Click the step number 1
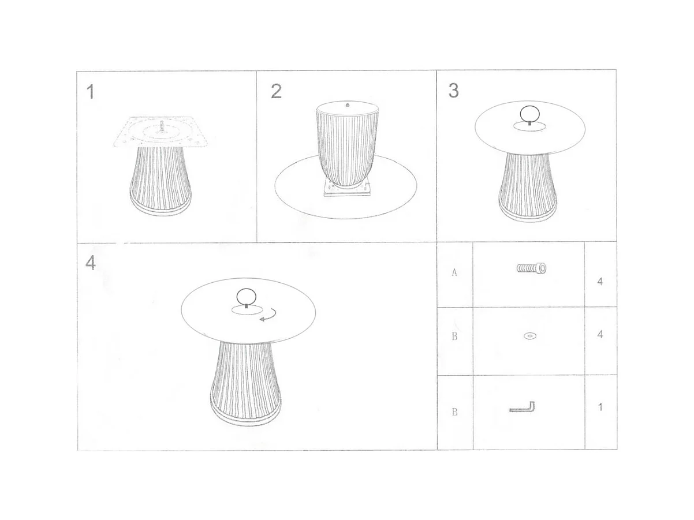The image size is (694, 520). point(91,92)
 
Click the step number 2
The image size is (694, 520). point(276,91)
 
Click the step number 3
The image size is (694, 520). point(453,91)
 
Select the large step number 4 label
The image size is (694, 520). point(91,263)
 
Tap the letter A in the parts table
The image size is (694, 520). point(454,272)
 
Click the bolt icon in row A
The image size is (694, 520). point(532,268)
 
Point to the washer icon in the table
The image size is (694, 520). point(530,335)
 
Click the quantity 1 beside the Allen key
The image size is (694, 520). point(600,407)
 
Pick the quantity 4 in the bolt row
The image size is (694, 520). point(600,281)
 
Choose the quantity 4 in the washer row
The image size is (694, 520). point(600,334)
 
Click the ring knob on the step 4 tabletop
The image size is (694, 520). point(247,297)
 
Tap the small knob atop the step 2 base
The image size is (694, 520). point(347,105)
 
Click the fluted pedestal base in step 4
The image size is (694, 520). point(245,382)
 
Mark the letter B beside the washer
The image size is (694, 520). point(454,336)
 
